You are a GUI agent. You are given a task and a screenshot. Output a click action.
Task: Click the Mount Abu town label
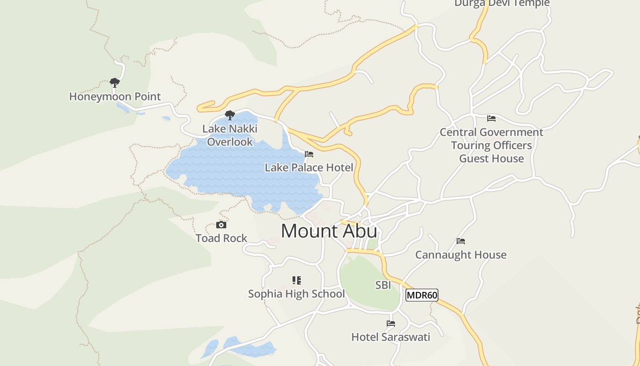[x=329, y=231]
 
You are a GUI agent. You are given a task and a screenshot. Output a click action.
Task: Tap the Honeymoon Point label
[x=115, y=97]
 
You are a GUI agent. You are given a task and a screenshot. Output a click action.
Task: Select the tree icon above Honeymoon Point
[x=114, y=82]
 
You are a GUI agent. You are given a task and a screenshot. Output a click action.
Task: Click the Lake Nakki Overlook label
[x=230, y=135]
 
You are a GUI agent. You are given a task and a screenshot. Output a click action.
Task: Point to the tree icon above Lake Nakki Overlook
[x=230, y=115]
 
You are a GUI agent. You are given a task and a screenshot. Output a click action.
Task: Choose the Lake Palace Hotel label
[x=309, y=167]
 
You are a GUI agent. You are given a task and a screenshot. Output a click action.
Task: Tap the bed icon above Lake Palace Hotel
[x=309, y=154]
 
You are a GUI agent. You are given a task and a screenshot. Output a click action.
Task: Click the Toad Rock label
[x=221, y=238]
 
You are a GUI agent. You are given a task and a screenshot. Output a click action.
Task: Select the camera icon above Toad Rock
[x=221, y=225]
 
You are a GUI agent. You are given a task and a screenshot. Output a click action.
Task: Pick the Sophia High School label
[x=296, y=294]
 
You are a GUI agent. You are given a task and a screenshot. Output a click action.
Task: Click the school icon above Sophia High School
[x=297, y=280]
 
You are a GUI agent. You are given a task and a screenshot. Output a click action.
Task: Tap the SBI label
[x=383, y=285]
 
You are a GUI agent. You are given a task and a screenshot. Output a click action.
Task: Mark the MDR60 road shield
[x=422, y=295]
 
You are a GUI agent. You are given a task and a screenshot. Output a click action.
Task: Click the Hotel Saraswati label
[x=391, y=337]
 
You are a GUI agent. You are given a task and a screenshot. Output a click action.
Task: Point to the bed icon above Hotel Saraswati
[x=391, y=323]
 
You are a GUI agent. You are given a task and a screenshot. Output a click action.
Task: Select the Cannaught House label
[x=461, y=255]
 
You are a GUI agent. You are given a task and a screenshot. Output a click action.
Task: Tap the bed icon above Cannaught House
[x=461, y=241]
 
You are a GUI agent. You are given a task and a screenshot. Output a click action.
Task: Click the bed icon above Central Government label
[x=491, y=118]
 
